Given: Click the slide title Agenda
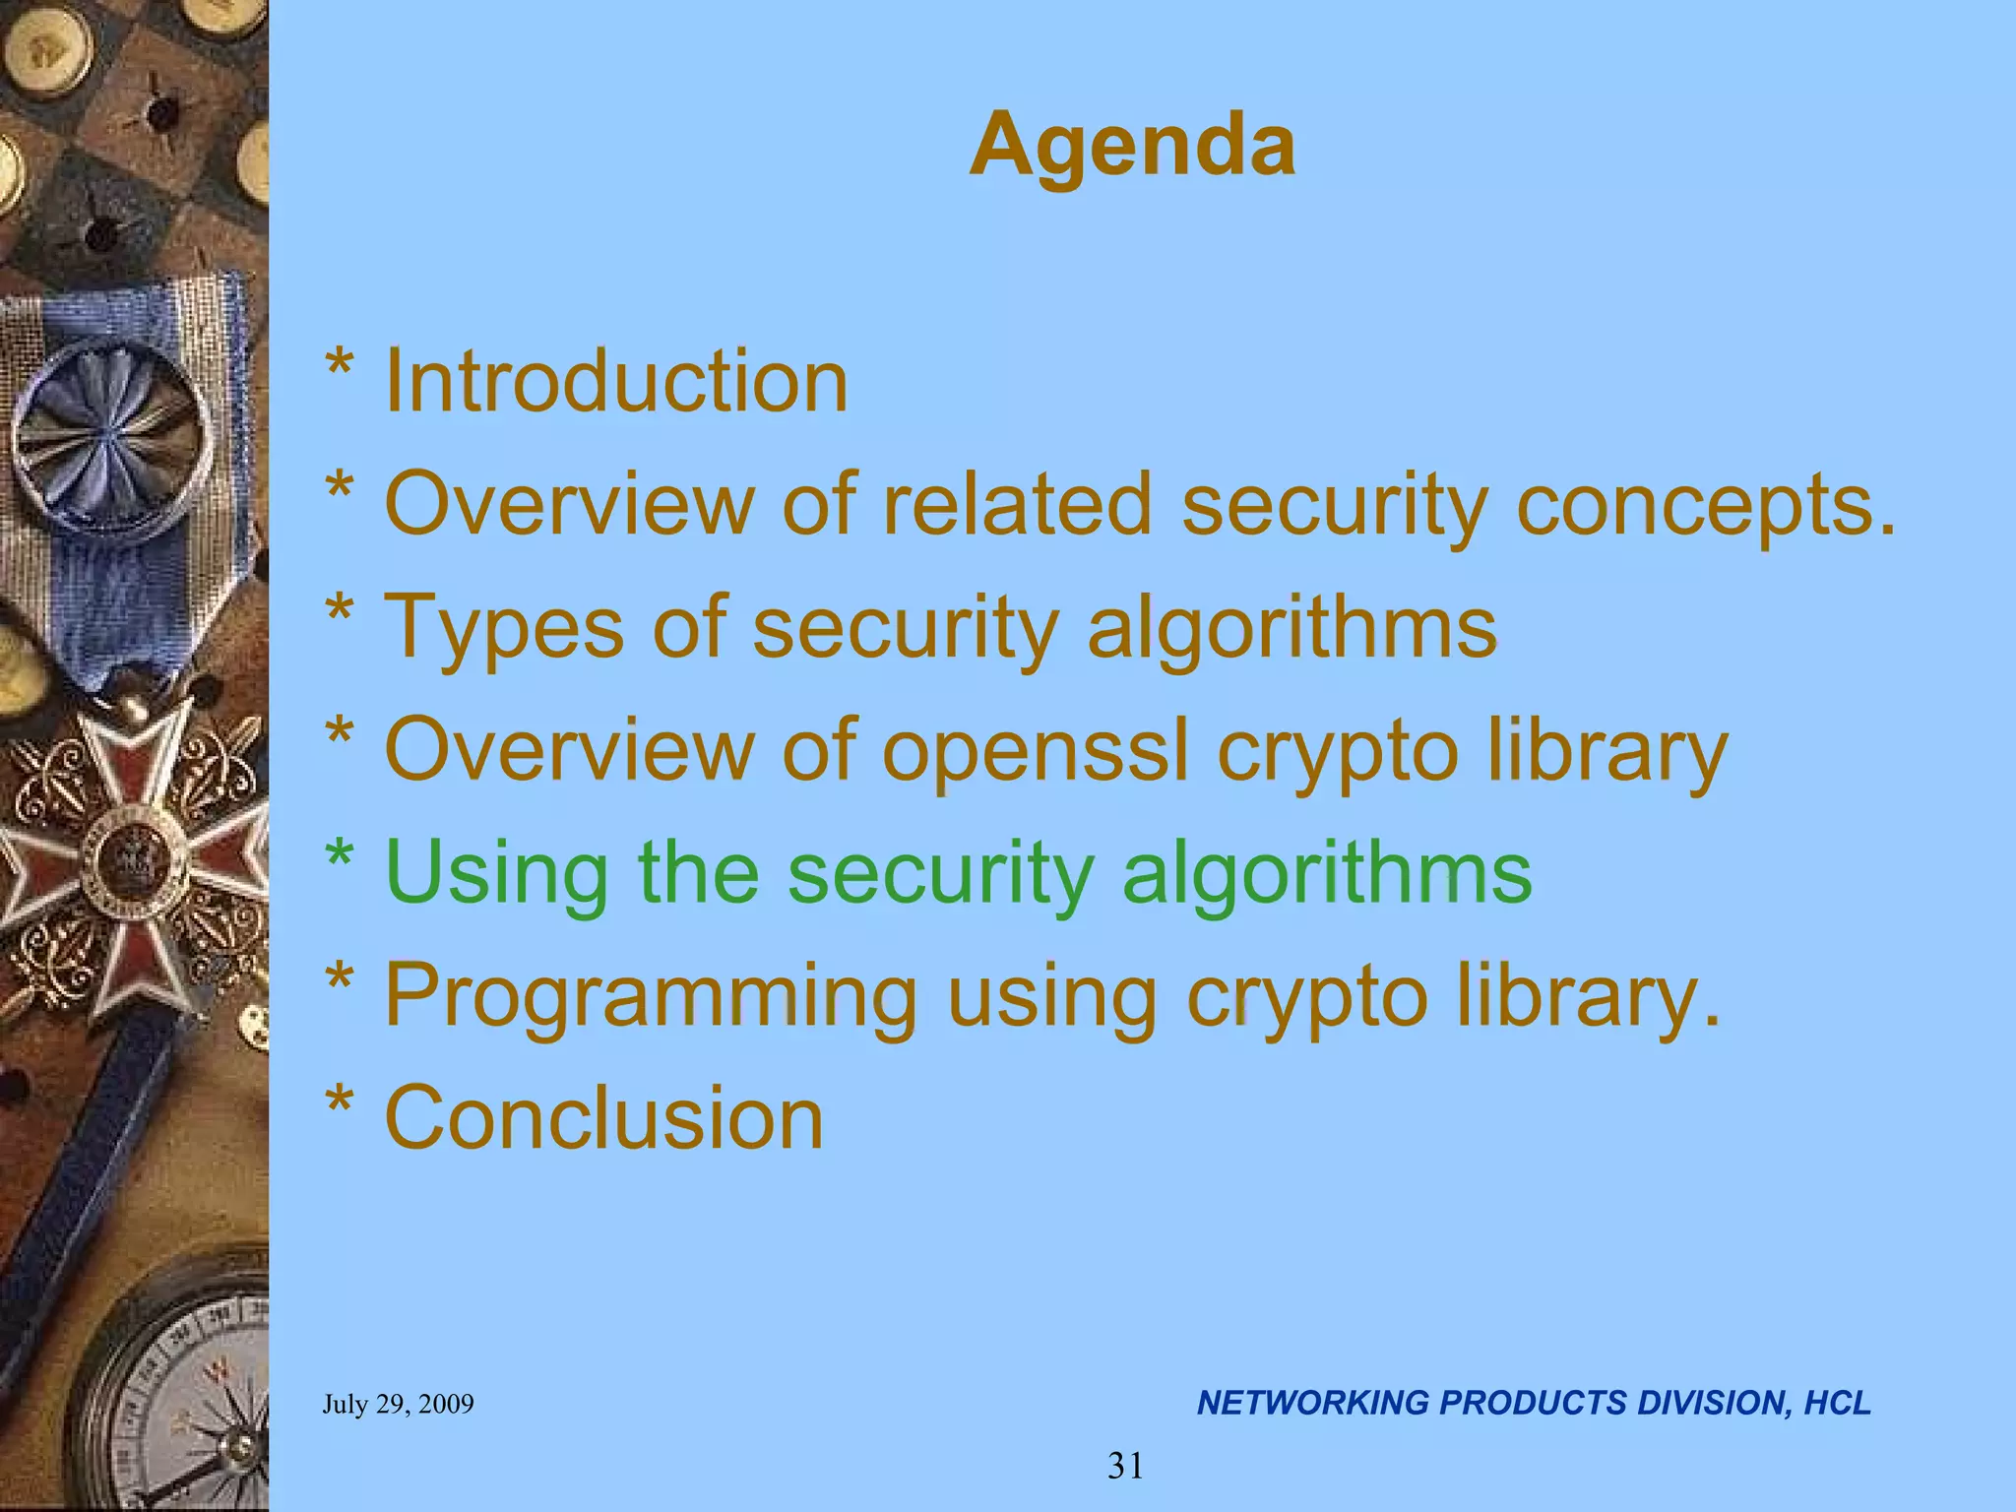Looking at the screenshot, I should pos(1132,146).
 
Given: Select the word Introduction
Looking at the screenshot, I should pos(615,382).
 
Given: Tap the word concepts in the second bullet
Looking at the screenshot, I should pos(1705,505).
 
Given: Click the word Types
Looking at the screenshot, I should pos(503,628).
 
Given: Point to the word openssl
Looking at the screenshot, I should pos(1035,750).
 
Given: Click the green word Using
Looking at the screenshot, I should pos(496,874).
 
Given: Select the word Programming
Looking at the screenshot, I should pos(650,996).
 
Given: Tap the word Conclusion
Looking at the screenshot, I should pos(603,1119).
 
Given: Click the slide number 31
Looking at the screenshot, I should pos(1125,1466).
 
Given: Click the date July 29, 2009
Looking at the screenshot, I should pos(398,1404).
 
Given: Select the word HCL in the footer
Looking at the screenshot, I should pos(1837,1403).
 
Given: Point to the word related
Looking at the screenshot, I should pos(1016,504).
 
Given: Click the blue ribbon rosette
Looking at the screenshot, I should pos(110,433).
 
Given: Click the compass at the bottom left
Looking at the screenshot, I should pos(187,1398).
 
